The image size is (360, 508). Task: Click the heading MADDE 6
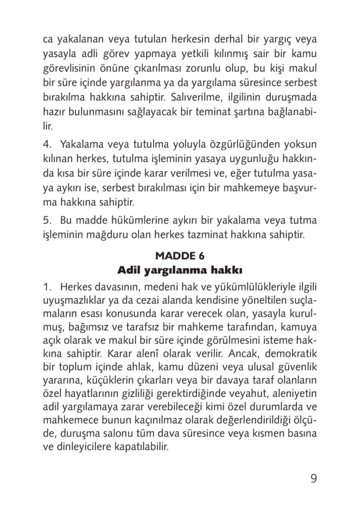click(x=180, y=256)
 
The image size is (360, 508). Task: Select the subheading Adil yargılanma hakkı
click(x=180, y=270)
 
